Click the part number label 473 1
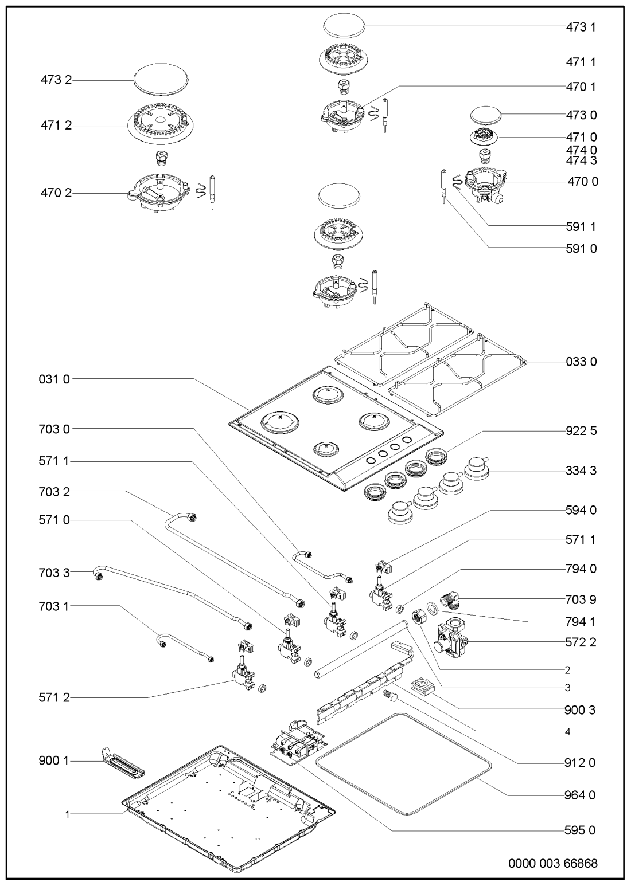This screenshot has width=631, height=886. pyautogui.click(x=581, y=27)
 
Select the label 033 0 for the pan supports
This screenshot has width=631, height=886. pyautogui.click(x=581, y=362)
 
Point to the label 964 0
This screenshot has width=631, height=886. pyautogui.click(x=581, y=795)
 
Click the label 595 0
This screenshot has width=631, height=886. pyautogui.click(x=581, y=830)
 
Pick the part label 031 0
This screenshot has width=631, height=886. pyautogui.click(x=55, y=379)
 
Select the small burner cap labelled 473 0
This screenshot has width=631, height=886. pyautogui.click(x=486, y=114)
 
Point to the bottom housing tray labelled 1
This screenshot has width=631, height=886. pyautogui.click(x=229, y=814)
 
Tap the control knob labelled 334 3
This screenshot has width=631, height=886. pyautogui.click(x=475, y=469)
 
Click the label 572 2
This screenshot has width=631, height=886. pyautogui.click(x=581, y=642)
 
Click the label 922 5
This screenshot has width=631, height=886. pyautogui.click(x=581, y=431)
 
